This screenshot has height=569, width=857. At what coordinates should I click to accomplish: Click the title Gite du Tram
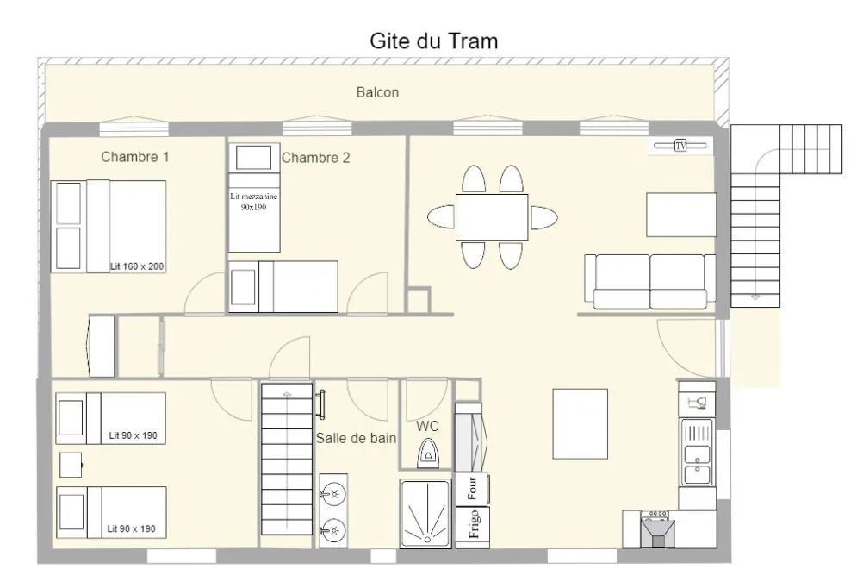coord(434,41)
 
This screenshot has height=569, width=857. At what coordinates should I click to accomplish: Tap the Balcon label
coord(377,92)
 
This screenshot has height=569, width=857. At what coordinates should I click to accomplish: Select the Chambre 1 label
coord(135,157)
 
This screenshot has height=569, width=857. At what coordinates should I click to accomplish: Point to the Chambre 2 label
coord(315,158)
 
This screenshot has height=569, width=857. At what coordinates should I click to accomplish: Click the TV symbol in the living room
coord(680,146)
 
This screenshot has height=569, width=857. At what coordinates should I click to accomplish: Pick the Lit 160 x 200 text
coord(137,266)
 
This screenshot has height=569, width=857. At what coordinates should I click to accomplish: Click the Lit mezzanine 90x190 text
coord(253,202)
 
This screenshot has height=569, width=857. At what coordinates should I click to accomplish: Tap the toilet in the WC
coord(427,454)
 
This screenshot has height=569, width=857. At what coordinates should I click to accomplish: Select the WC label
coord(427,426)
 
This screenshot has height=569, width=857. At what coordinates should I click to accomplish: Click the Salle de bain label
coord(356,438)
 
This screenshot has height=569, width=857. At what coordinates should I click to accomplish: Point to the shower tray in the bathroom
coord(425,515)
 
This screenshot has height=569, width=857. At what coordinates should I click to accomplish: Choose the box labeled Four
coord(472,489)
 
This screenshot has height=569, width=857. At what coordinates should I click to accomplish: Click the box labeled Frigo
coord(472,524)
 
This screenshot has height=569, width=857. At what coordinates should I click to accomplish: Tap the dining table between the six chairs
coord(492,216)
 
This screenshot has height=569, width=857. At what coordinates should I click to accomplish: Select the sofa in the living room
coord(649,281)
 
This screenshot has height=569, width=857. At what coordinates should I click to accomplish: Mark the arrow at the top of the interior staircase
coord(287,393)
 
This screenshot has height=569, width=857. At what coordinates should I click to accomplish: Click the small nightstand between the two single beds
coord(71,465)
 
